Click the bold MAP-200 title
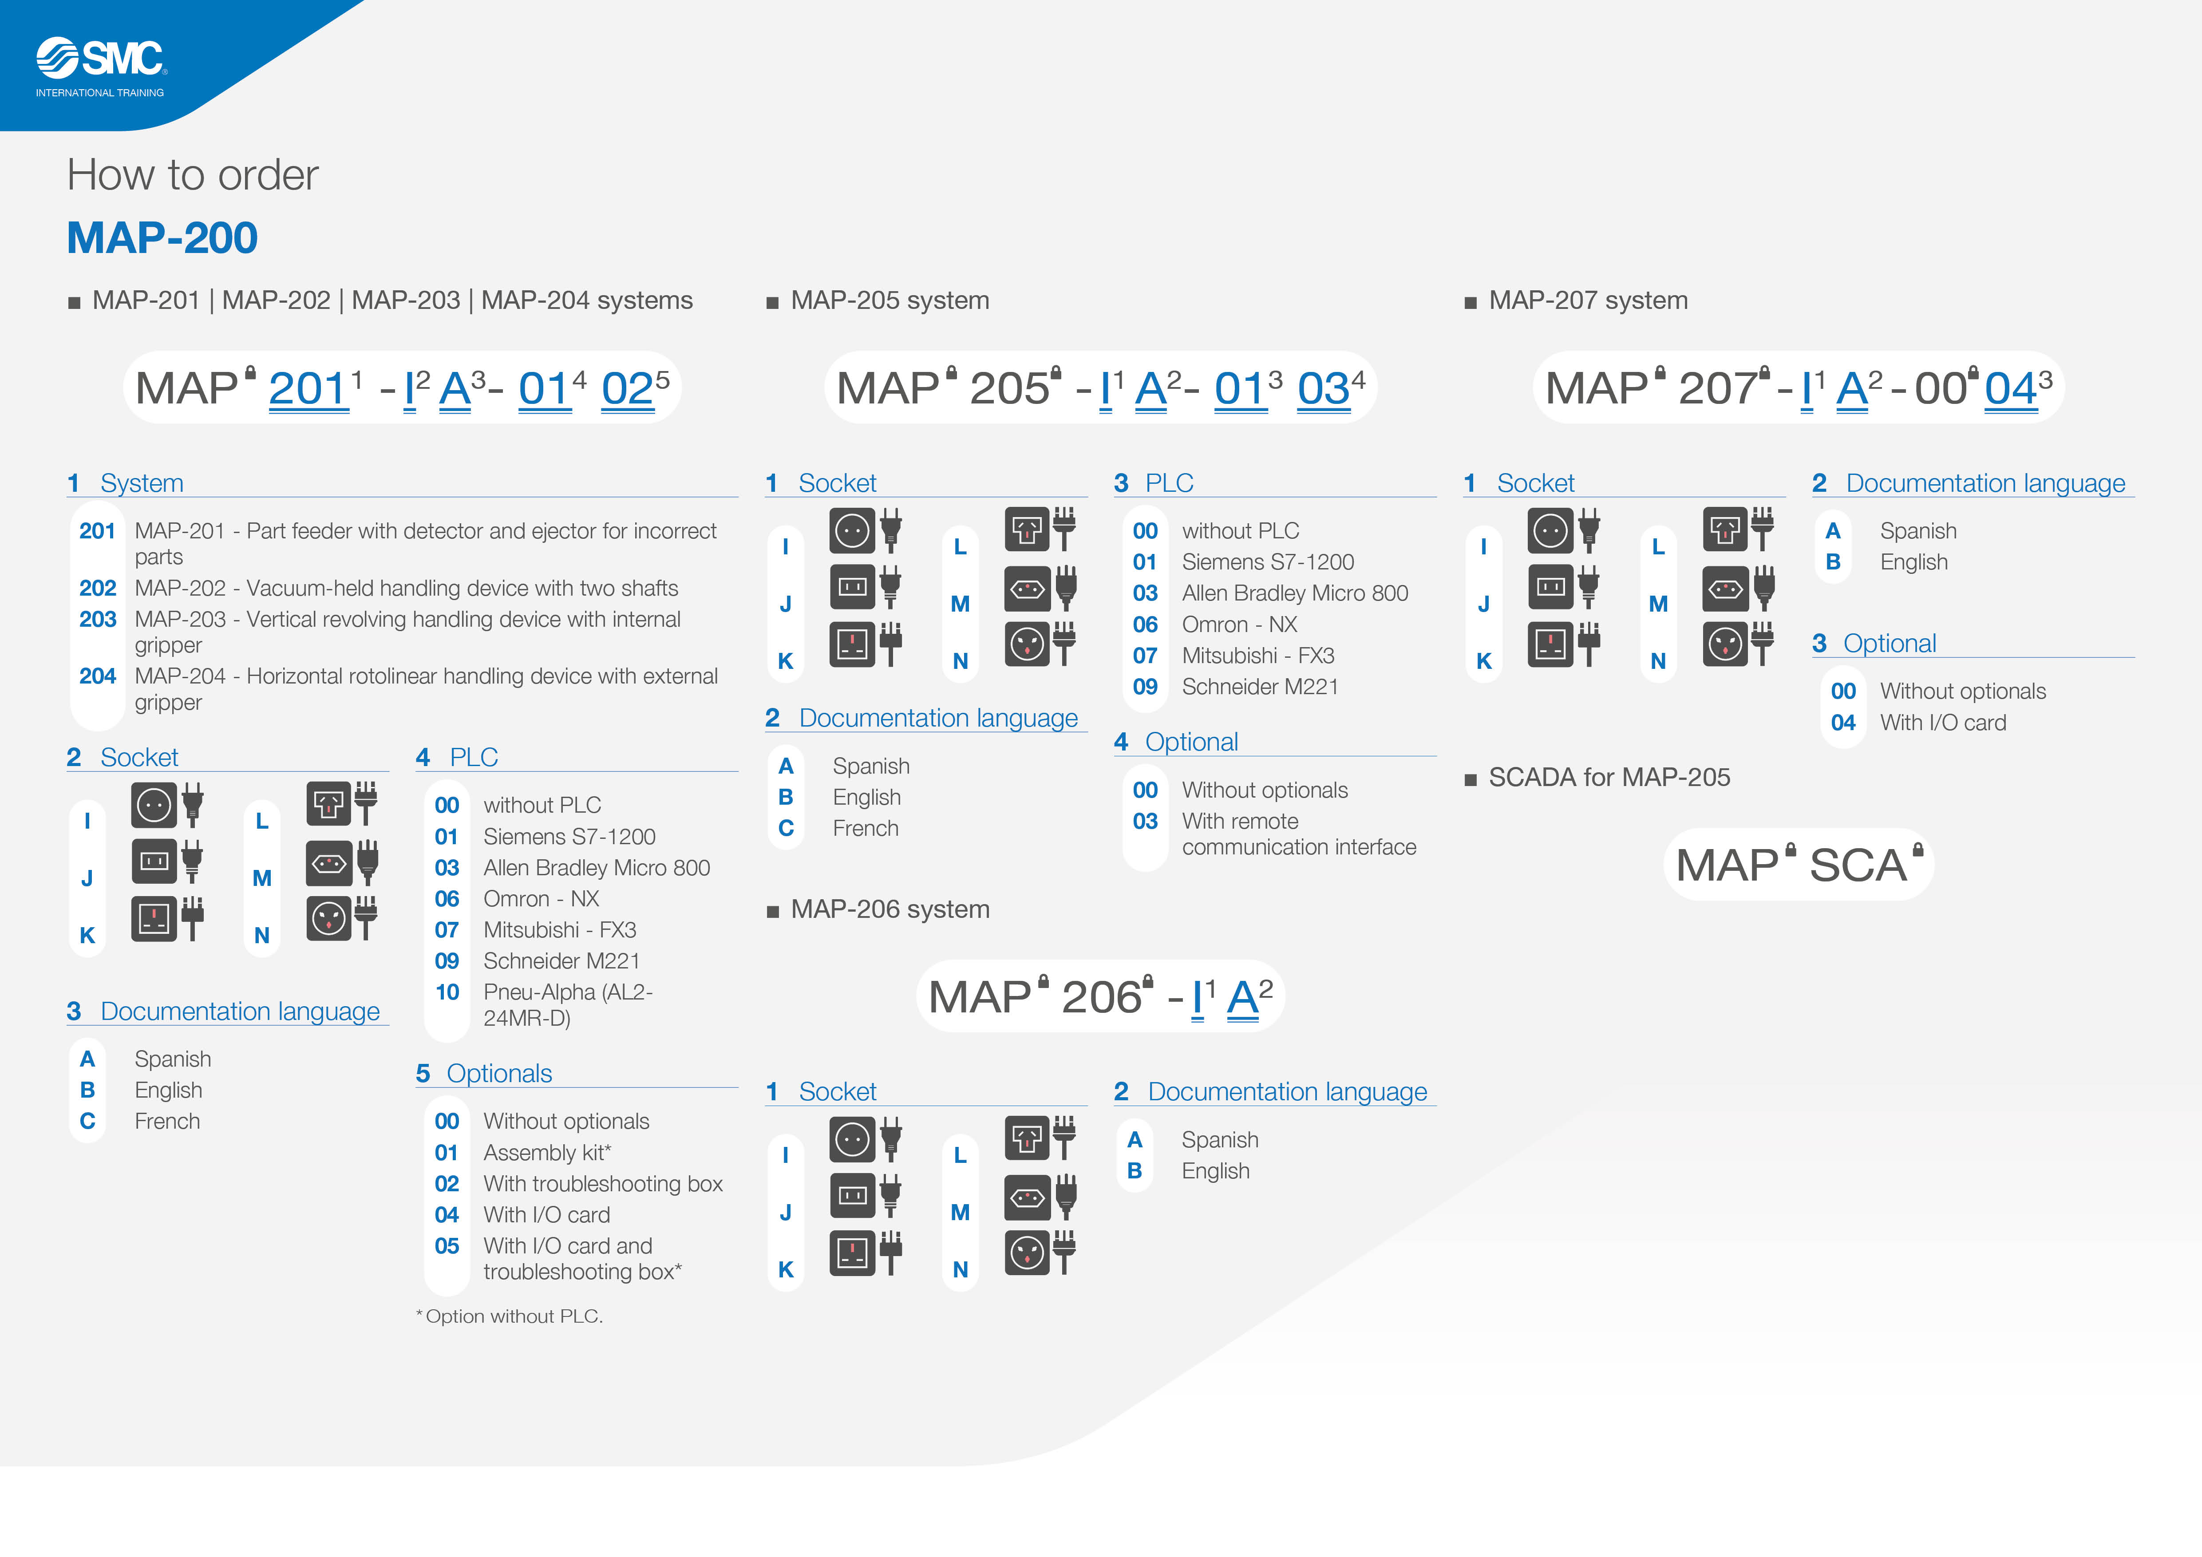click(162, 238)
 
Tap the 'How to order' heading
click(192, 175)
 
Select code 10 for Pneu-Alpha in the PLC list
click(447, 992)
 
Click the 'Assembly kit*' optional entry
click(547, 1152)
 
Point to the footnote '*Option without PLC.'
click(509, 1316)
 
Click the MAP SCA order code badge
click(1798, 865)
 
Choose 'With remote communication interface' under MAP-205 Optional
click(1299, 834)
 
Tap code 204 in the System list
click(98, 676)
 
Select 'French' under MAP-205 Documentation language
click(865, 828)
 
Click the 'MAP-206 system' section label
click(890, 909)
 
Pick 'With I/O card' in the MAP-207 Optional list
click(1943, 723)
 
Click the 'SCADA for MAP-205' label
click(1609, 778)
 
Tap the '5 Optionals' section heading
click(484, 1074)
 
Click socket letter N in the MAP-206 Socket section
click(960, 1269)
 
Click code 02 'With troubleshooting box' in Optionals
click(447, 1184)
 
